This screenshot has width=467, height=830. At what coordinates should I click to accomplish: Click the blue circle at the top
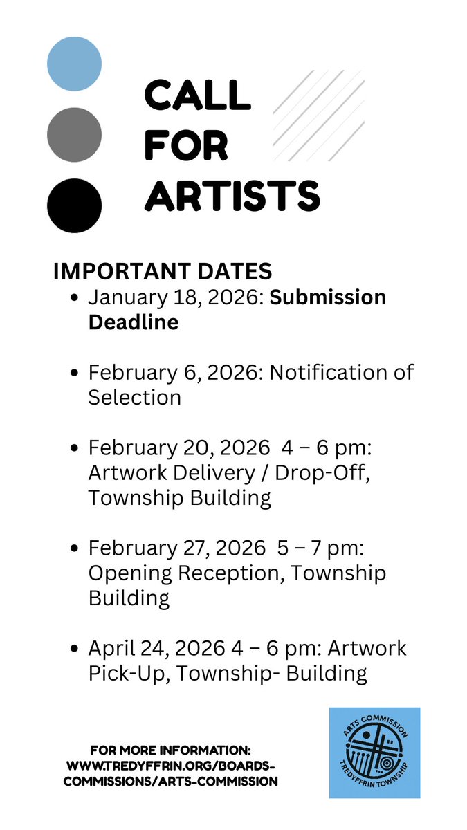pos(74,64)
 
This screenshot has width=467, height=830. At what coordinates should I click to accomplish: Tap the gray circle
pos(74,135)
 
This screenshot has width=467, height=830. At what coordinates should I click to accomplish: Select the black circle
pos(74,205)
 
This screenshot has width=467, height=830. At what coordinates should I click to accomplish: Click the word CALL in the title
pos(197,95)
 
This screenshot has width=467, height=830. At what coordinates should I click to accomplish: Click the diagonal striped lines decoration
pos(319,116)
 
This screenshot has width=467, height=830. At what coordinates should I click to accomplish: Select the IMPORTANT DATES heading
pos(163,271)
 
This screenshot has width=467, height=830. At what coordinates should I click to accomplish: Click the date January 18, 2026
pos(174,297)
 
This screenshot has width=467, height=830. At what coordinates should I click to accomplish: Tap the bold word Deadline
pos(133,322)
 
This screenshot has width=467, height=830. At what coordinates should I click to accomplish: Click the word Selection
pos(134,397)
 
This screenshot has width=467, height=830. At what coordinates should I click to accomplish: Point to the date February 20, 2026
pos(178,448)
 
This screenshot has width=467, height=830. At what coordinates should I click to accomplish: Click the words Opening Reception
pos(182,573)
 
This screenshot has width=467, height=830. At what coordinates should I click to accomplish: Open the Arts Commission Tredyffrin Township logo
pos(374,752)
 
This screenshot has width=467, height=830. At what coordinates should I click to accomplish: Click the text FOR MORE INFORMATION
pos(170,750)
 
